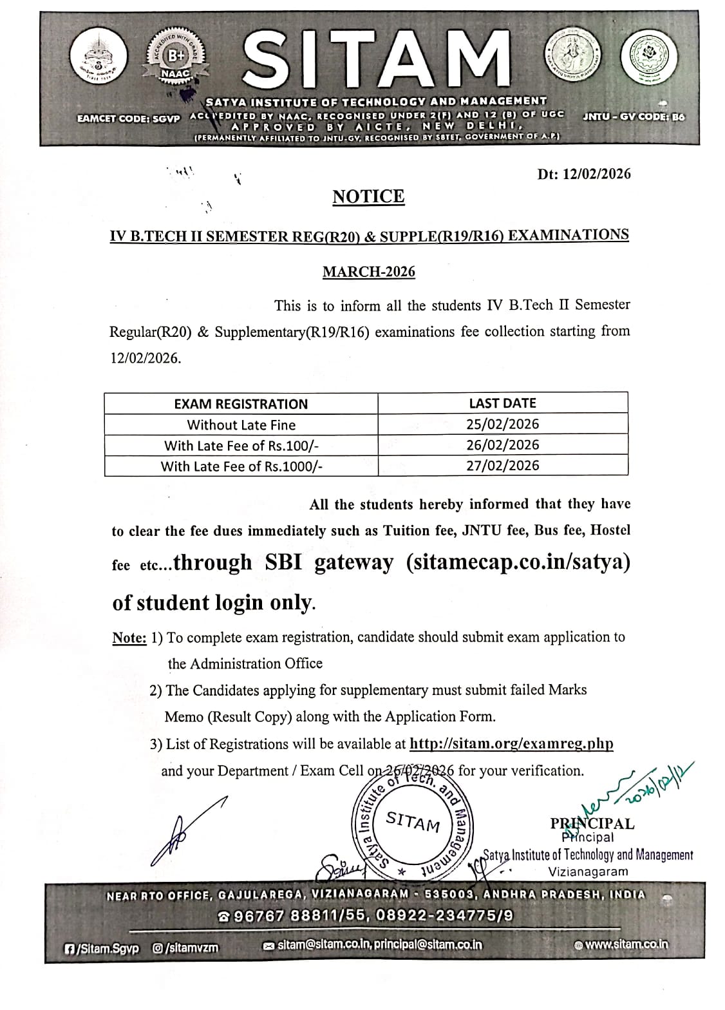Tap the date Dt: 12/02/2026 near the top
coord(584,174)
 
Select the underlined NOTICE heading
coord(368,196)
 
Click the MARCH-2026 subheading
coord(368,272)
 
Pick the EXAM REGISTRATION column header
coord(241,404)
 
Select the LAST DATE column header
coord(502,403)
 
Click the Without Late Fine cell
coord(241,425)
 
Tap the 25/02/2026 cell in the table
coord(502,424)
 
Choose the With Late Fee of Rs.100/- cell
coord(241,446)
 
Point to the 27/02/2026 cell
coord(502,465)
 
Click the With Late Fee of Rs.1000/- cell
coord(241,466)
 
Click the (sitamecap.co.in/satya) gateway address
coord(518,562)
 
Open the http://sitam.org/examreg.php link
coord(511,744)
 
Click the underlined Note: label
coord(129,638)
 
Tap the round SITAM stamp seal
coord(413,824)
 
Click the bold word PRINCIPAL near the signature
coord(592,823)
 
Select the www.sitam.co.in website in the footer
coord(621,945)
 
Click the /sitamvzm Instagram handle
coord(185,948)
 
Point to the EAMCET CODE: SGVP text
coord(128,119)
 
